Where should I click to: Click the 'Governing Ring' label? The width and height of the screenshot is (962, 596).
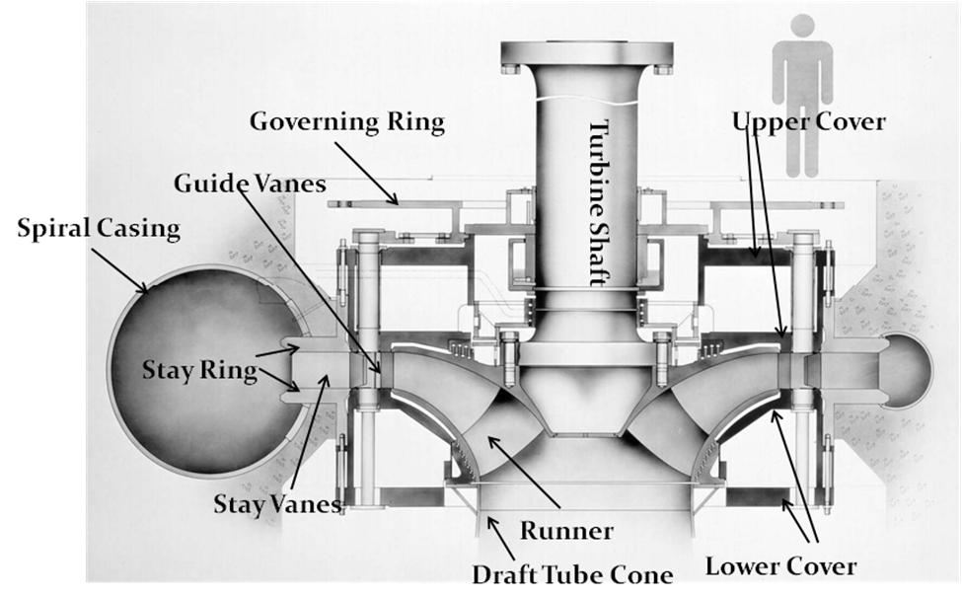[346, 123]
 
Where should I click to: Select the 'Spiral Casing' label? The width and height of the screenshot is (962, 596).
[99, 229]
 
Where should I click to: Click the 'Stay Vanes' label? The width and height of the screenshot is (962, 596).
[277, 504]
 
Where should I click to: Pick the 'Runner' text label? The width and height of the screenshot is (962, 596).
[567, 531]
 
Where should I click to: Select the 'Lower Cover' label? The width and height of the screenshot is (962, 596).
[780, 566]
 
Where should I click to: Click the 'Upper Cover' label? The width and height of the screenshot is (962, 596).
[809, 122]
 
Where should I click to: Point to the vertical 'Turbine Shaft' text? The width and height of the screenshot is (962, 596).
[599, 202]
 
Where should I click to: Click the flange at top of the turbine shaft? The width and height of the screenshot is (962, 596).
[587, 56]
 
